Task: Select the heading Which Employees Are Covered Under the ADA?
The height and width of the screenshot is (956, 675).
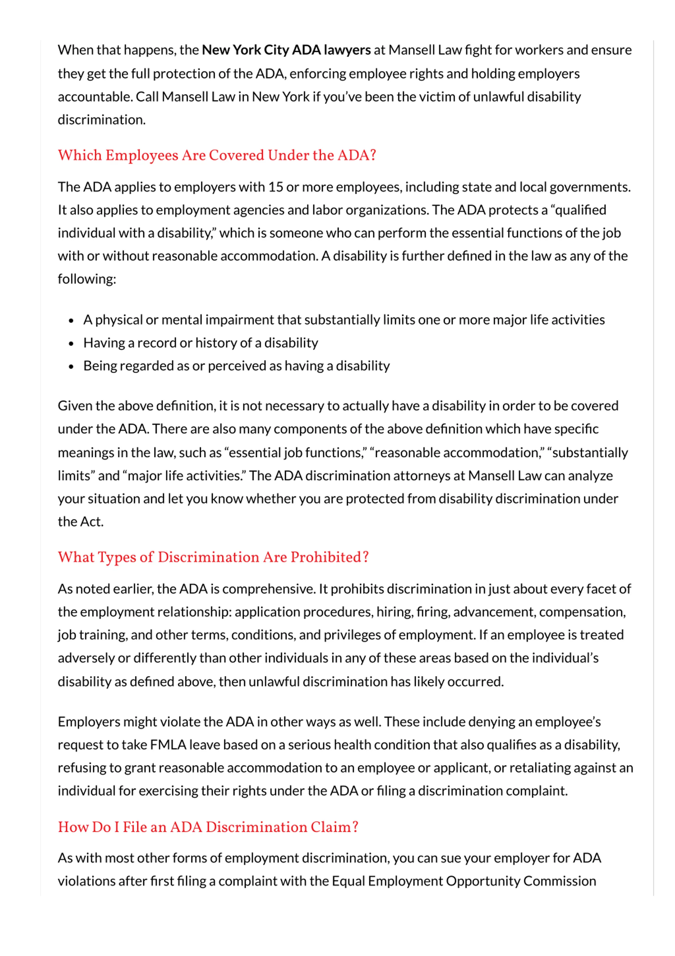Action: coord(217,155)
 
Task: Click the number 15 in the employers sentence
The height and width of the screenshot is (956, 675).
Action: coord(276,187)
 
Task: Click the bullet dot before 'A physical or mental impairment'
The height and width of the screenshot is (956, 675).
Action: coord(71,321)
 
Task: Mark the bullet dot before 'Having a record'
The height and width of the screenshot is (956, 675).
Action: coord(71,344)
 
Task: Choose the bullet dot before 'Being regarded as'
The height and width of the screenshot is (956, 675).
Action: coord(71,367)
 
